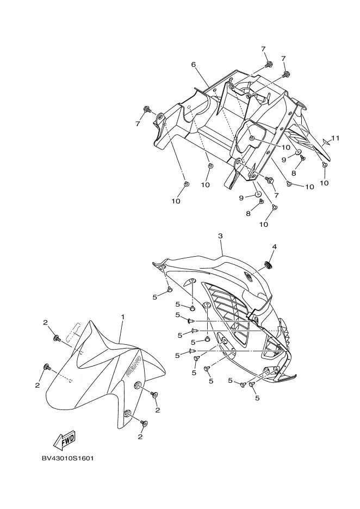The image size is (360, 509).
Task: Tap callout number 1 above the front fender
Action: click(x=123, y=317)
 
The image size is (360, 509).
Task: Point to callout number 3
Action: click(x=220, y=236)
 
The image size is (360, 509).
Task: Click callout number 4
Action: click(x=274, y=246)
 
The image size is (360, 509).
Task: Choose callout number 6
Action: click(x=193, y=64)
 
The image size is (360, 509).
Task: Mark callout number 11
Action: click(x=336, y=138)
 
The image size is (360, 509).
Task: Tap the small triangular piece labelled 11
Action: click(x=326, y=141)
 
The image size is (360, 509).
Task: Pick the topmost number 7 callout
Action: click(x=263, y=49)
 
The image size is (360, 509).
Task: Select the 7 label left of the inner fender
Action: click(x=138, y=124)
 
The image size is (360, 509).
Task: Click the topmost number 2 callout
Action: click(x=46, y=323)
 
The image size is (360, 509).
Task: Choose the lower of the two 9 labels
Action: click(x=241, y=198)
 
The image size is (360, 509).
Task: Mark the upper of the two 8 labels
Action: click(x=294, y=173)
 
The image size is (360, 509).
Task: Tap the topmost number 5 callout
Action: click(x=154, y=297)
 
